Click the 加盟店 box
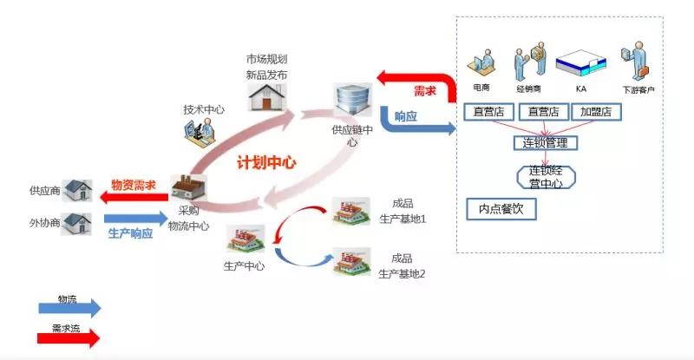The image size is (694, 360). coord(596,112)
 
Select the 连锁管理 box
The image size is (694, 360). coord(546,143)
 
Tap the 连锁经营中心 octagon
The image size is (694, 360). coord(547,177)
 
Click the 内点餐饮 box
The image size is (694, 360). coord(501,209)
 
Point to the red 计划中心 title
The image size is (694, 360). coord(266,162)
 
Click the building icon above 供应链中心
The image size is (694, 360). coord(352,101)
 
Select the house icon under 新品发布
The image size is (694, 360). coord(266,97)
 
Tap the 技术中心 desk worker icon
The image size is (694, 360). coord(200,131)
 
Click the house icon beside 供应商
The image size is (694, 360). coord(77,190)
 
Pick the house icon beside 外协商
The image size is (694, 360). coord(76,223)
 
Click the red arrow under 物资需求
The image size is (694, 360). coord(134,197)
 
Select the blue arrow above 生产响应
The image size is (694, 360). coord(136,219)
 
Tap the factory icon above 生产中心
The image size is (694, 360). coord(246,239)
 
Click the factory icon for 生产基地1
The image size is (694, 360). coord(351,211)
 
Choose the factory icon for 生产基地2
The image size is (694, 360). coord(351,261)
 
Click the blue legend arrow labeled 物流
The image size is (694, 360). coord(69,308)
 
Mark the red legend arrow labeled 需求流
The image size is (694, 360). coord(69,338)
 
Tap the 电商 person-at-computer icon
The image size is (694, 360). coord(481,64)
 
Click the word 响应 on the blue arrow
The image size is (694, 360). coord(406,116)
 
